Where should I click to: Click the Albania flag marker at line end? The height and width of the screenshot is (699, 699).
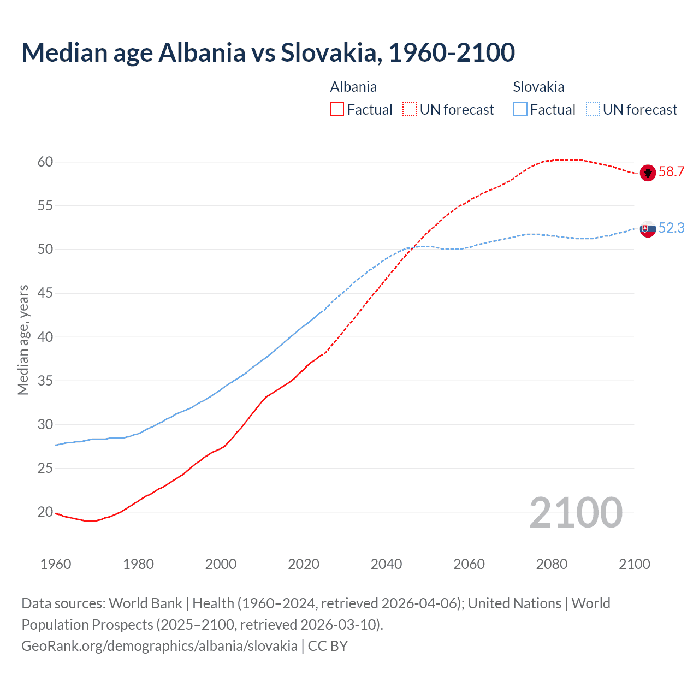click(x=648, y=173)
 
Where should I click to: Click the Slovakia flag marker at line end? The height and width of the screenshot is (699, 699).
click(x=648, y=229)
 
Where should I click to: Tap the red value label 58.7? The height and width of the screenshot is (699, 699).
click(x=671, y=172)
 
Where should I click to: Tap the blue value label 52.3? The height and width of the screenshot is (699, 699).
click(x=671, y=228)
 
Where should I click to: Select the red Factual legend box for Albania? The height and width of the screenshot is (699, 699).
click(x=337, y=110)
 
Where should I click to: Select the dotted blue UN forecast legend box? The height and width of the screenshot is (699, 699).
click(x=593, y=110)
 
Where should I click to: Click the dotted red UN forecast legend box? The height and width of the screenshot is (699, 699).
click(x=410, y=110)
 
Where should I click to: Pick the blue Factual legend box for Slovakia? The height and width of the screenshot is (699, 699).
click(x=520, y=110)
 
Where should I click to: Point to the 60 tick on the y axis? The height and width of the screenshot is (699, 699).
click(x=45, y=162)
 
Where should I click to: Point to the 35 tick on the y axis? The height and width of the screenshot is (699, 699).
click(x=45, y=381)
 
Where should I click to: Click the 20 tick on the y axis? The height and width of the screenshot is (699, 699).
click(x=45, y=512)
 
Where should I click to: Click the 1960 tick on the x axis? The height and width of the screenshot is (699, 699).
click(x=56, y=564)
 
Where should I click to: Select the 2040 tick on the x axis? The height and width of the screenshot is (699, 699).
click(x=386, y=564)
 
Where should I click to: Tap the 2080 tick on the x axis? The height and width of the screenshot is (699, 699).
click(x=552, y=564)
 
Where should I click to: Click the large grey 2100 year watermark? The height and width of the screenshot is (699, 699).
click(x=576, y=513)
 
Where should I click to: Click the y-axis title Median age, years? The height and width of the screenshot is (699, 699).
click(x=23, y=340)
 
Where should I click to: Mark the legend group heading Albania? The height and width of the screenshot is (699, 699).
click(x=353, y=87)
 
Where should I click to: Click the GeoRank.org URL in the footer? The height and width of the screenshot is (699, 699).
click(x=159, y=646)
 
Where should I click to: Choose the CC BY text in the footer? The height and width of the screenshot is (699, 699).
click(x=328, y=646)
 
